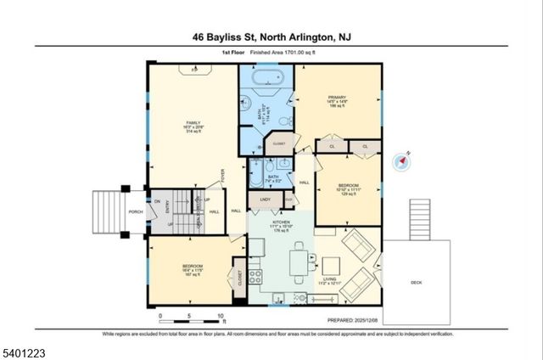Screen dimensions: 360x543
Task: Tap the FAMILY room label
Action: (x=194, y=128)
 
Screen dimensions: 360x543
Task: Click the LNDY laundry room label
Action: (x=265, y=200)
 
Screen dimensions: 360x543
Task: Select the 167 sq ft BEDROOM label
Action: (x=190, y=269)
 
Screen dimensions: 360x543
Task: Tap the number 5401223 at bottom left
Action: (x=25, y=348)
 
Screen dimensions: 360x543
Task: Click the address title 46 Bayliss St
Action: (x=271, y=37)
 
